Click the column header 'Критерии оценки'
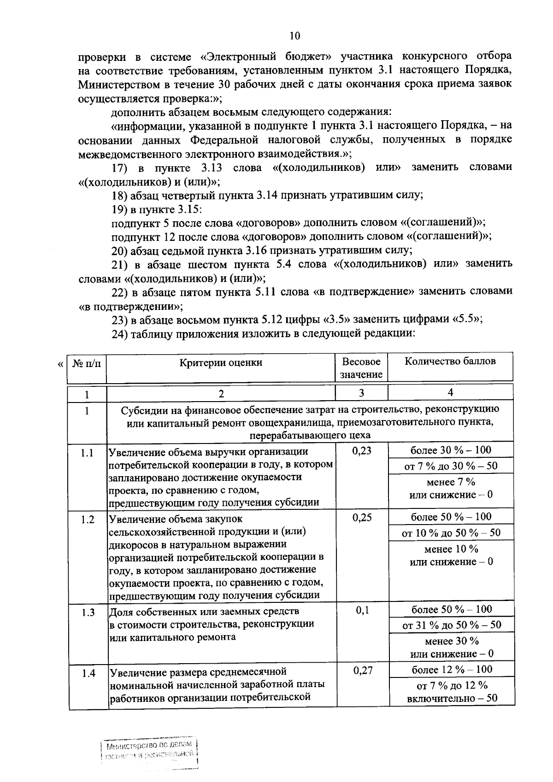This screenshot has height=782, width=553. pyautogui.click(x=221, y=362)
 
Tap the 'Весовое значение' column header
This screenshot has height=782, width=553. pyautogui.click(x=361, y=368)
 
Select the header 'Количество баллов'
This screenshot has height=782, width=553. pyautogui.click(x=450, y=361)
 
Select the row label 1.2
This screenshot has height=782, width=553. pyautogui.click(x=88, y=519)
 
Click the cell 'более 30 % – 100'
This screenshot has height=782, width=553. pyautogui.click(x=451, y=450)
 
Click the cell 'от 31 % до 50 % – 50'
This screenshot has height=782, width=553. pyautogui.click(x=452, y=625)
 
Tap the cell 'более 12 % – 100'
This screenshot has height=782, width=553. pyautogui.click(x=452, y=670)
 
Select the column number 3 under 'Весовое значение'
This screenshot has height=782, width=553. pyautogui.click(x=361, y=393)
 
